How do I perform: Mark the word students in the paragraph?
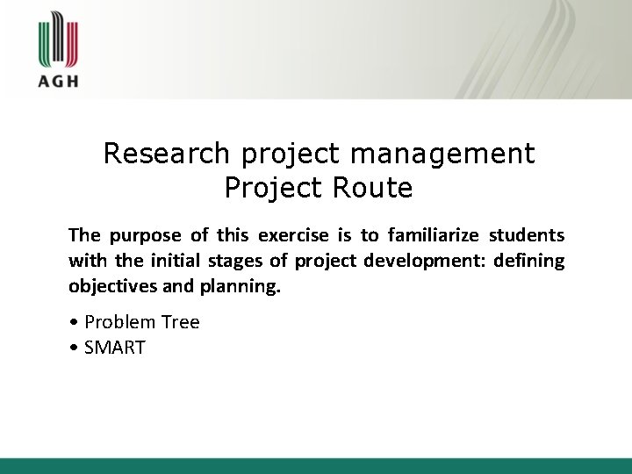(x=527, y=235)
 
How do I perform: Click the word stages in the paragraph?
(x=232, y=261)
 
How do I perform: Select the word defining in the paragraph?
(x=530, y=261)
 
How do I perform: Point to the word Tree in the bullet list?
(x=180, y=322)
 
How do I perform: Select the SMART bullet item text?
(x=114, y=348)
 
